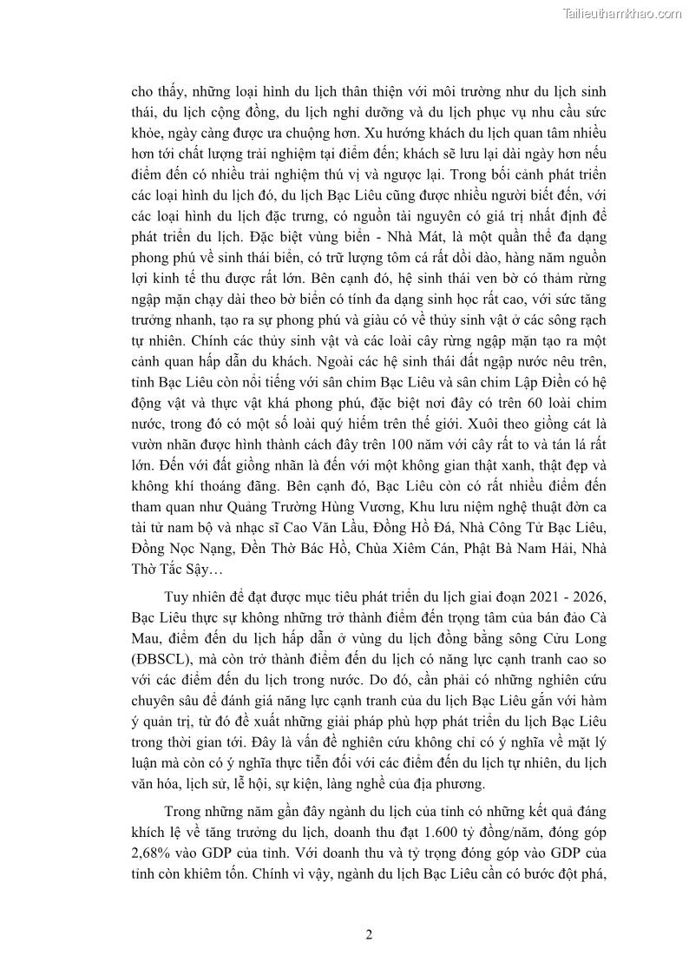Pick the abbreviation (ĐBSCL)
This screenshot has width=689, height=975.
[x=162, y=662]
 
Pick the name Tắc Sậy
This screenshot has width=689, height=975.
[x=188, y=571]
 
